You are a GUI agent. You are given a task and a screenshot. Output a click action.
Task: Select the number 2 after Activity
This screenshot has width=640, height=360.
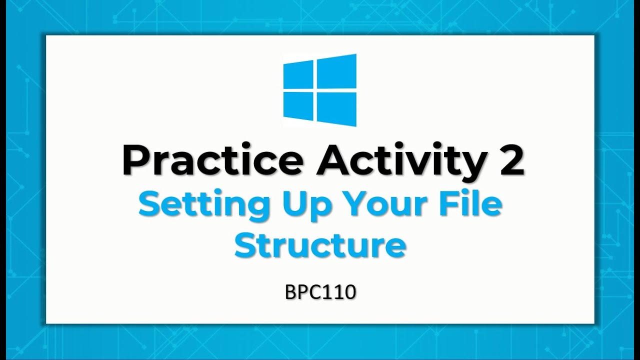point(510,160)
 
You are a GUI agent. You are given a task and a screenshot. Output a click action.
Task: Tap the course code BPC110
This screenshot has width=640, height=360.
point(320,292)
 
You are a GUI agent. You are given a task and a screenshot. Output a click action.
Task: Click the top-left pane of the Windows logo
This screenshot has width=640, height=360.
point(298,76)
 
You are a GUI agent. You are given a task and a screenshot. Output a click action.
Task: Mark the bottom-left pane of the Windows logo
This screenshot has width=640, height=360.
point(298,106)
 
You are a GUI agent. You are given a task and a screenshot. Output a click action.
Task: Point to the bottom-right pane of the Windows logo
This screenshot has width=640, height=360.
point(336,109)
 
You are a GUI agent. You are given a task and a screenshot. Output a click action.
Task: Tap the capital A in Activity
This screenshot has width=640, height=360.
point(333,160)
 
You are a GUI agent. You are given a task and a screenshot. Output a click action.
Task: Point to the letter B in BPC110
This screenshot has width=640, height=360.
point(290,292)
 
